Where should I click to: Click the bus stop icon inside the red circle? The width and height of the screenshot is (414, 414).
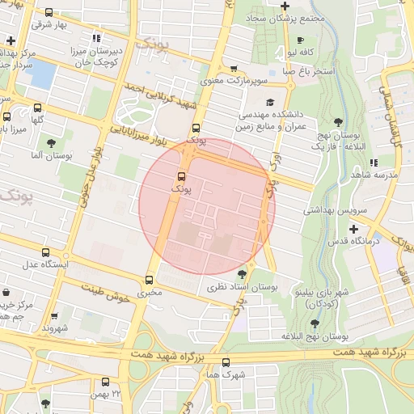(181, 175)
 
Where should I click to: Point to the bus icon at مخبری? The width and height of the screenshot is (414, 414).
(149, 281)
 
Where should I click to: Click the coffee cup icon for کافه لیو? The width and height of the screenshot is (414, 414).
(300, 40)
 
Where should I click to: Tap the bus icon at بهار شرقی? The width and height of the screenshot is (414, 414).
(49, 13)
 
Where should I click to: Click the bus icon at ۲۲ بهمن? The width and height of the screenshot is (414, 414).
(105, 382)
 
